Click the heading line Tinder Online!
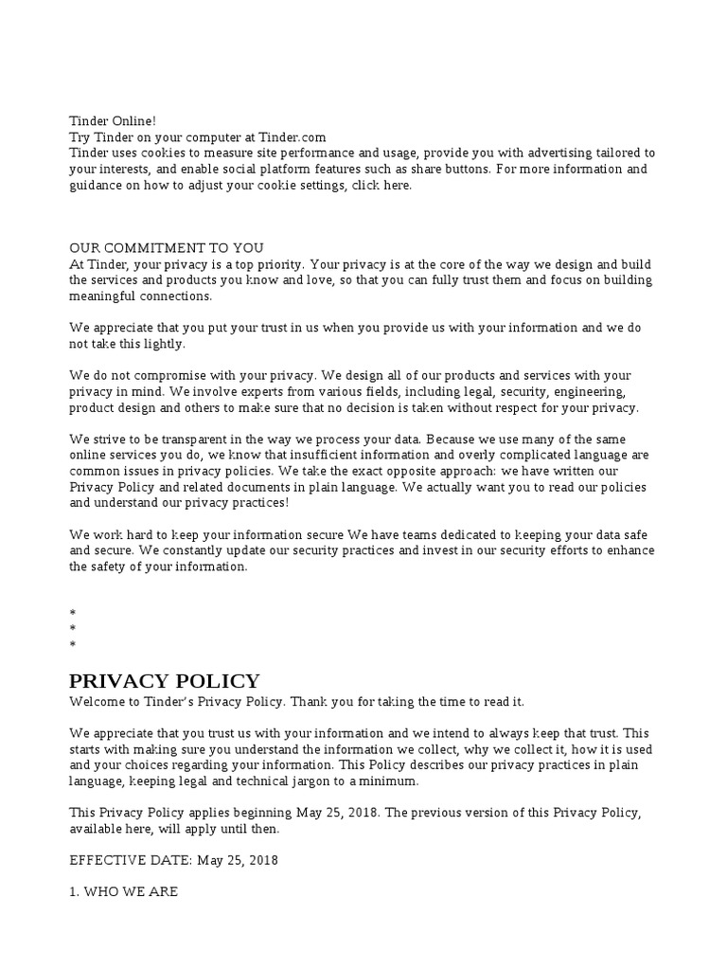(113, 121)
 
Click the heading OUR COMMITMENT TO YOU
(167, 248)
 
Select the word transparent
(186, 440)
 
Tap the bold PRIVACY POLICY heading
(165, 681)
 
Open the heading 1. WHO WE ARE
(124, 892)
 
